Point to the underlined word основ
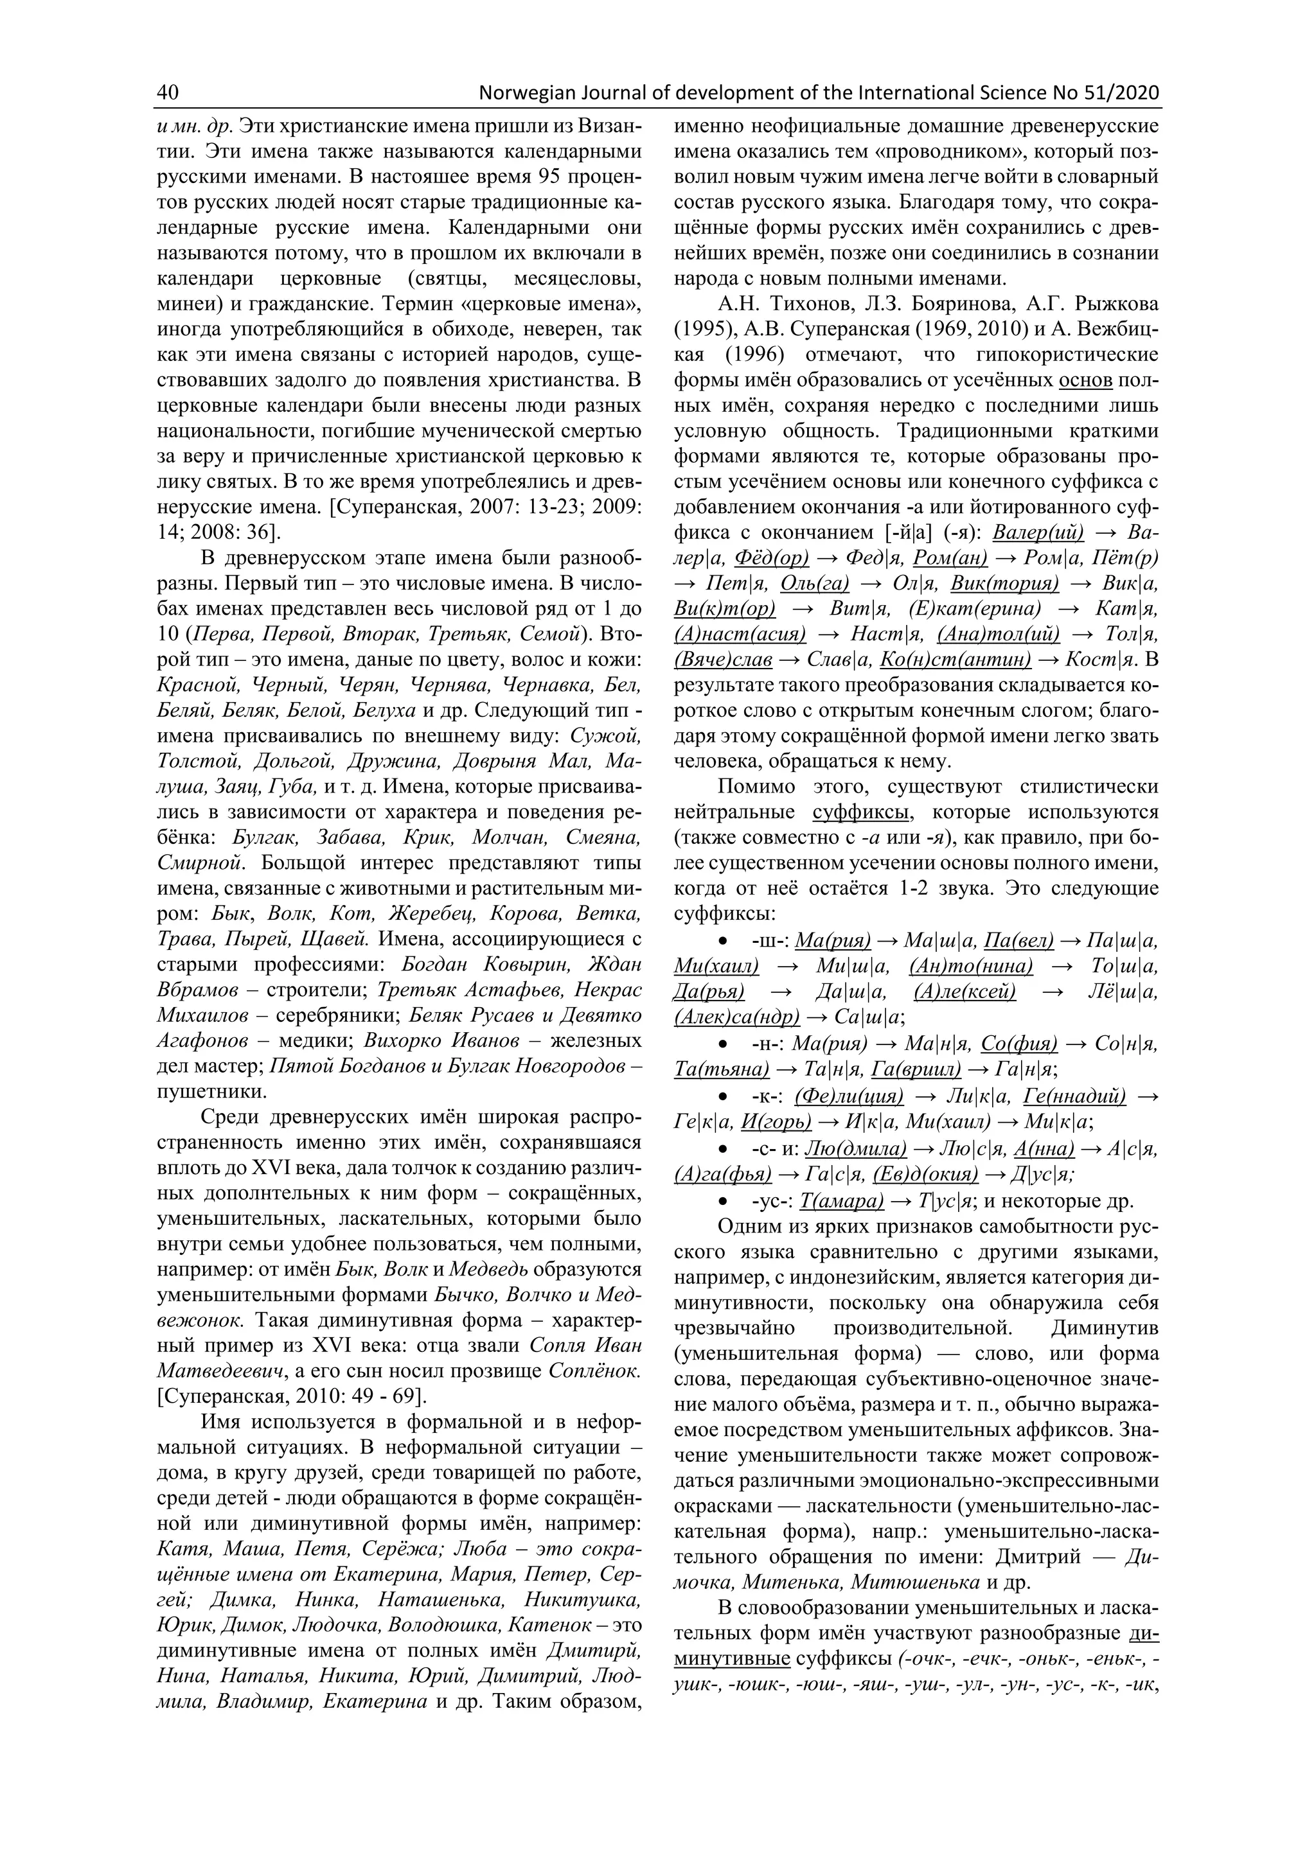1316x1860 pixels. (x=1087, y=380)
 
